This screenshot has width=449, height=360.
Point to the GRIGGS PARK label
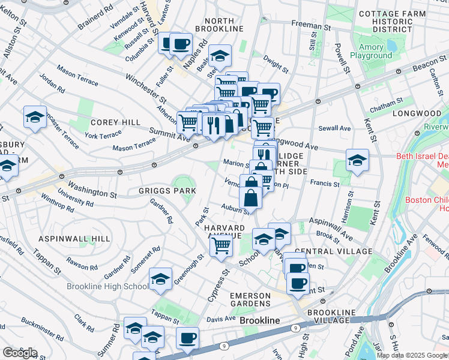[167, 191]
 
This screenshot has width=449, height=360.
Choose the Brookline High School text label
[107, 286]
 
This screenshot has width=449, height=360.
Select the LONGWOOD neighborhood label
[417, 113]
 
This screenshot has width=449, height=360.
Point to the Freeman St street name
[311, 25]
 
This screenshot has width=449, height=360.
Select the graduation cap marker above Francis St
[357, 160]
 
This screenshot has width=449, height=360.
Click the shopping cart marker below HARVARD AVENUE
[221, 245]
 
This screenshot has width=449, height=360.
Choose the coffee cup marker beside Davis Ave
[188, 338]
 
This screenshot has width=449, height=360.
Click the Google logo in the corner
[20, 353]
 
